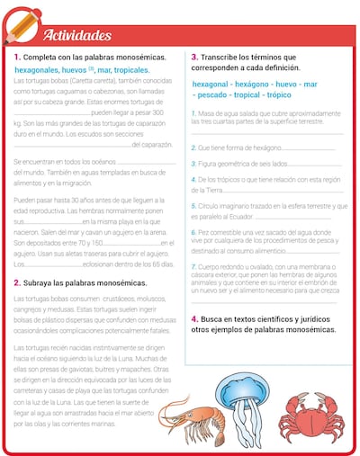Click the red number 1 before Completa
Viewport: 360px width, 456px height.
[x=15, y=57]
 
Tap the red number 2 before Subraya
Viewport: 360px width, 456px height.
[x=16, y=282]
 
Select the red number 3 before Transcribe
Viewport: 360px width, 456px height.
[x=194, y=57]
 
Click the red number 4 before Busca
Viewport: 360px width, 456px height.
[x=194, y=319]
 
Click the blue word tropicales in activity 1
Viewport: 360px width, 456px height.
[x=130, y=69]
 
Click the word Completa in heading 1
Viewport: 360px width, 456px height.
[x=43, y=57]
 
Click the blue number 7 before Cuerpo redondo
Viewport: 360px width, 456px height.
[x=193, y=266]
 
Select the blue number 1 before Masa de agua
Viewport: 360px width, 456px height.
[x=193, y=113]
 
